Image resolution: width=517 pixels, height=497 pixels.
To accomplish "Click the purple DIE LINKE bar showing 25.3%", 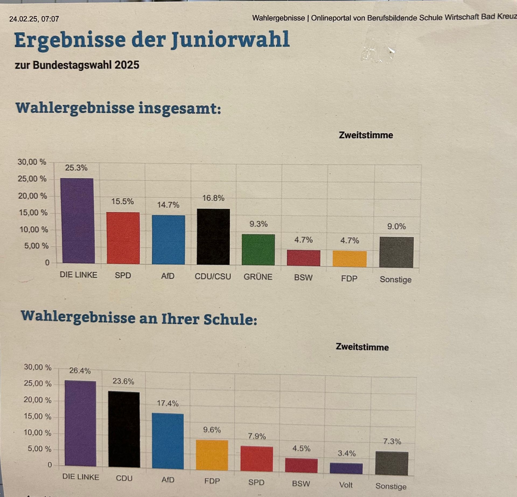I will pos(77,221).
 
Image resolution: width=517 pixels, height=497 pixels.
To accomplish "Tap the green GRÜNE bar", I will pos(258,250).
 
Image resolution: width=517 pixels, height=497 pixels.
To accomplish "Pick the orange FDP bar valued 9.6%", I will pos(212,455).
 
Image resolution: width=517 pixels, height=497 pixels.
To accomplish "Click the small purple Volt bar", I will pos(346,469).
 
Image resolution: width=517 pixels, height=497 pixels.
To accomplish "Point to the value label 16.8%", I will pos(213,198).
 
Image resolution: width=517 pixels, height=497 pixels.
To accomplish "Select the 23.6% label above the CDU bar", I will pos(123,381).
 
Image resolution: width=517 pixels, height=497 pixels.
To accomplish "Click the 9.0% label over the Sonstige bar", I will pos(396,227).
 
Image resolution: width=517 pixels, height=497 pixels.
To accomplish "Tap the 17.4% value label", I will pos(168,403).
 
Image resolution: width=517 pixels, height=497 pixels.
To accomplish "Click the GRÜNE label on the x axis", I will pos(258,277).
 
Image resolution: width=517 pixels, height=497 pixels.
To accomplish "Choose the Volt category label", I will pos(346,485).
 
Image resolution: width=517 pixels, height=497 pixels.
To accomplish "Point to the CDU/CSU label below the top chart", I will pos(213,277).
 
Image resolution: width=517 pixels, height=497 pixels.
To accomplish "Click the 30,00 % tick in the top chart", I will pos(32,162).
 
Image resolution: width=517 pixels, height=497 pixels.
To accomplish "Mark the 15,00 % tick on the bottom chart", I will pos(37,416).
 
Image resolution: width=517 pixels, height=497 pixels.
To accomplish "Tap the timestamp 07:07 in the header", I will pos(50,19).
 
